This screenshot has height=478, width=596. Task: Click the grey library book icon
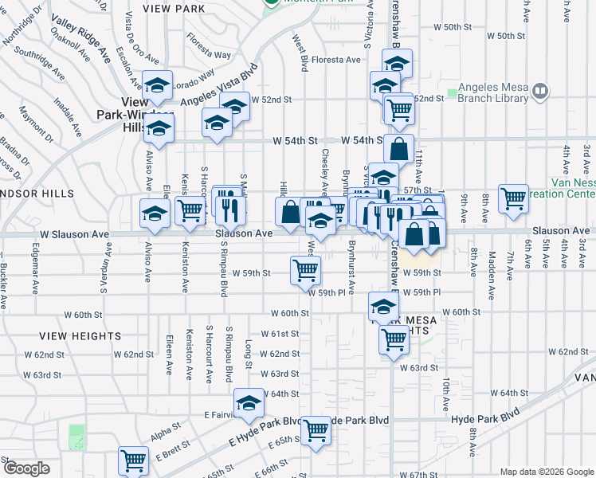(541, 92)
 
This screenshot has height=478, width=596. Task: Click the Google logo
(27, 468)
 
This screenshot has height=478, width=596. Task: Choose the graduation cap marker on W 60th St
(383, 307)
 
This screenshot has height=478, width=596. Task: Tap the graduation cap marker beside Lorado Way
(158, 84)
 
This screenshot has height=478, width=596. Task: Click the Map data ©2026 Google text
(546, 472)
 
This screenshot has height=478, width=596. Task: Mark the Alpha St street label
(167, 437)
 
